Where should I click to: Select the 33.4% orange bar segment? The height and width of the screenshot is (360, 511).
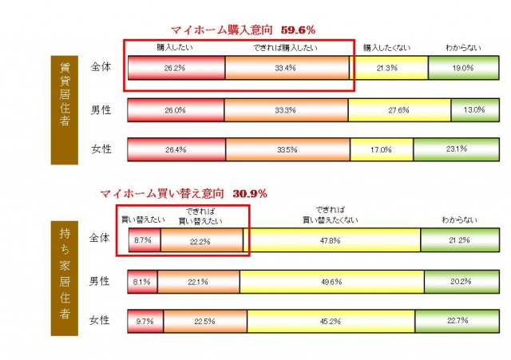point(288,68)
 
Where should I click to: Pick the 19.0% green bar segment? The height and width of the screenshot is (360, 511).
point(461,68)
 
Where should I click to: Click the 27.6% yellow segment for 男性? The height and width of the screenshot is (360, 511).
point(399,109)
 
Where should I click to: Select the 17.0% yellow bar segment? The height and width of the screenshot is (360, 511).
point(382,149)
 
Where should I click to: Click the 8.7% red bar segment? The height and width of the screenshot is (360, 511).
point(145,239)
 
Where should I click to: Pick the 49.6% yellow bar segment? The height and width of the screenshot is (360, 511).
point(332,281)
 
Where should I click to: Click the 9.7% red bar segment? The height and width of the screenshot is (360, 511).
point(146,321)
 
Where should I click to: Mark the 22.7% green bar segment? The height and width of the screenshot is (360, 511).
point(457,321)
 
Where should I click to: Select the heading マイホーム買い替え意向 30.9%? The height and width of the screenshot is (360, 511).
point(184,193)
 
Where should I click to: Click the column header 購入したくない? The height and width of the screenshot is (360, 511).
point(386,49)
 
